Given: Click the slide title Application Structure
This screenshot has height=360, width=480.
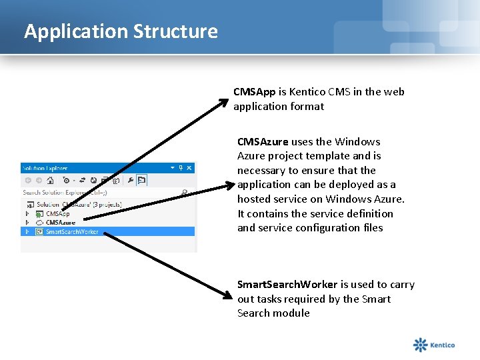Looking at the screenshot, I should point(121,31).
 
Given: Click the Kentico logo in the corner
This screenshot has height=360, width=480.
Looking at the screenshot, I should point(434,345).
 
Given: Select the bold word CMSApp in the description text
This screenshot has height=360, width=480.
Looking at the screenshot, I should point(254,92).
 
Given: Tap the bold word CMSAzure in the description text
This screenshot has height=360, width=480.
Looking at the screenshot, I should point(263,141).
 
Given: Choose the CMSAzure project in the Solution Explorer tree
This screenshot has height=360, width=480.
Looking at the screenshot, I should point(61,223).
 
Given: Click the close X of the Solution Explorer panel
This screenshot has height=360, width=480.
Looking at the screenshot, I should point(189,168).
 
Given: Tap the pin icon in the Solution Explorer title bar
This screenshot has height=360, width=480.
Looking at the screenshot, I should point(181,168).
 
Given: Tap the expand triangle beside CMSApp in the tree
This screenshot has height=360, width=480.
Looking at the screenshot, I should point(27,214).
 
